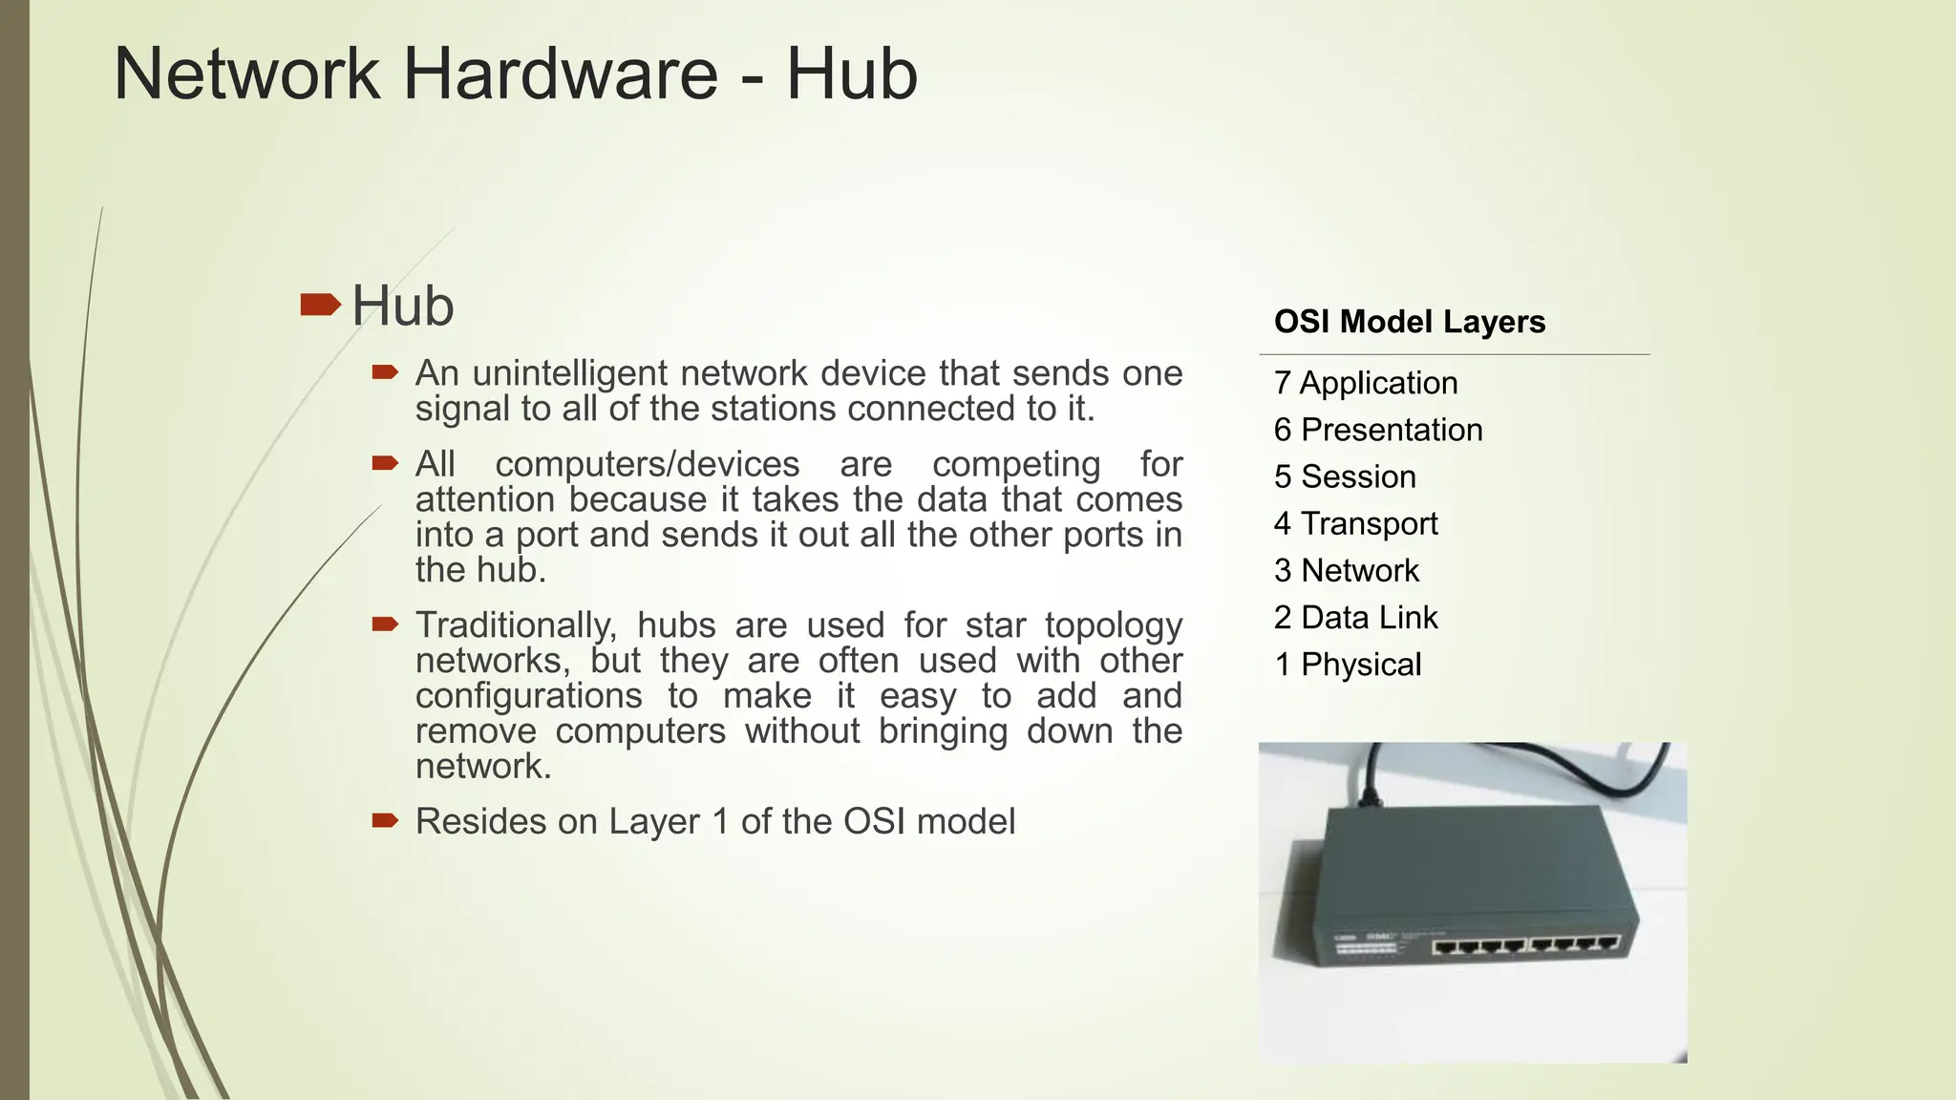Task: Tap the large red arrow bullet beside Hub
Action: (320, 306)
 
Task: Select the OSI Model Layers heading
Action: (1409, 322)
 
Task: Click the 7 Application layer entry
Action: (1365, 383)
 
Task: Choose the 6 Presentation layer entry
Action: (1377, 430)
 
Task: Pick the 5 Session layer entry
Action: (1344, 476)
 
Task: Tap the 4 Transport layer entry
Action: (1355, 523)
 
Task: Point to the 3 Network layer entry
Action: (1346, 570)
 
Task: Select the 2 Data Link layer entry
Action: (1355, 618)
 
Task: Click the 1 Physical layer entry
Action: (1347, 665)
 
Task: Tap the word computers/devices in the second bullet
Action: (647, 464)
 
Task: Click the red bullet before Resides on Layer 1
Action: (385, 820)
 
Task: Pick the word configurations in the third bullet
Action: (528, 696)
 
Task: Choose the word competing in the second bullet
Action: (1015, 465)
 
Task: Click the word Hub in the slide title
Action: (851, 74)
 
